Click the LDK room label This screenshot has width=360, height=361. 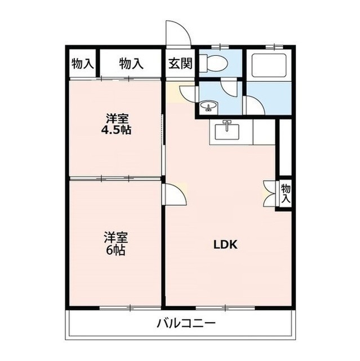click(x=227, y=245)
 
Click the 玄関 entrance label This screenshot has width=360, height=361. click(x=179, y=63)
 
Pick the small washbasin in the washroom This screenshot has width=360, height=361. click(x=208, y=106)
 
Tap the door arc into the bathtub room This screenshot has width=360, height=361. click(x=252, y=105)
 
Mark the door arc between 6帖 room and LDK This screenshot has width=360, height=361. click(x=176, y=196)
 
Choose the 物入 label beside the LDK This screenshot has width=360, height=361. click(x=286, y=193)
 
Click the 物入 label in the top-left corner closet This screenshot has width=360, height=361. click(x=82, y=63)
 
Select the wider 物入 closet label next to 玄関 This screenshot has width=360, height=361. click(x=131, y=63)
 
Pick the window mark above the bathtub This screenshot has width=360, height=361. click(x=269, y=45)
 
